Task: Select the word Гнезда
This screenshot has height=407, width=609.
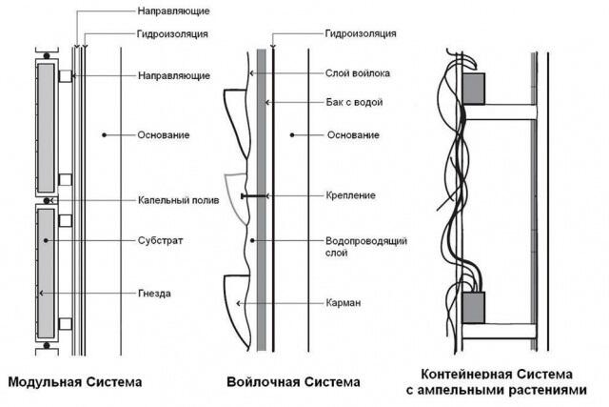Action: coord(154,293)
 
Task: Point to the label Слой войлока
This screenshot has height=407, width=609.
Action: coord(356,73)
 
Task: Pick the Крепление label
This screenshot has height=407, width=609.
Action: coord(349,195)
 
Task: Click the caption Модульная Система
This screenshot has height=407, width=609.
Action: coord(75,383)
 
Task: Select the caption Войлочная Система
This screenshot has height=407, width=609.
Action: coord(293,383)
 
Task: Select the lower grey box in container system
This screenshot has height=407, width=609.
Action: coord(473,308)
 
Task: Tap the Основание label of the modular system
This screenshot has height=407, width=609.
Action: coord(164,134)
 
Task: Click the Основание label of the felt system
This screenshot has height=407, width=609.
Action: coord(353,134)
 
